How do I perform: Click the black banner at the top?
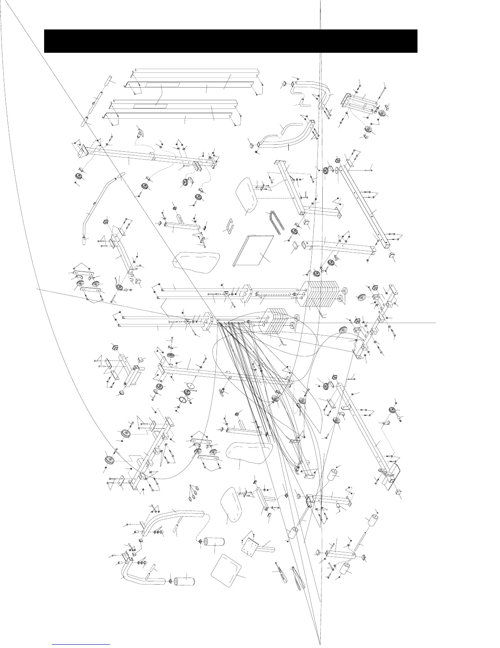[x=230, y=41]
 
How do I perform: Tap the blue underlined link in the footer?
[x=82, y=644]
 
